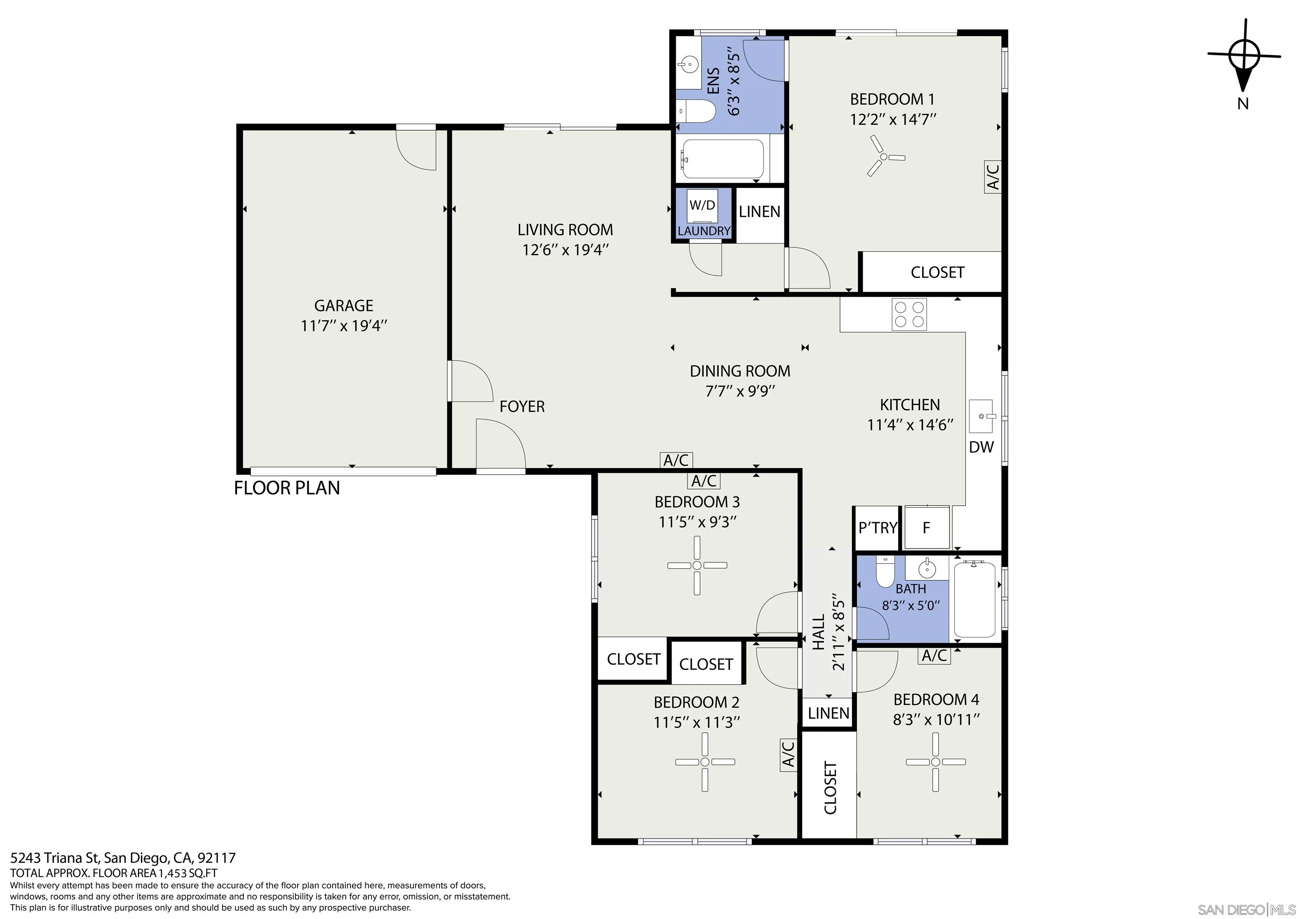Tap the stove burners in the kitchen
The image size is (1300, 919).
click(x=909, y=315)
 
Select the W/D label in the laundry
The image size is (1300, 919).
click(x=702, y=205)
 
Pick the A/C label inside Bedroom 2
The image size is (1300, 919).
click(x=788, y=755)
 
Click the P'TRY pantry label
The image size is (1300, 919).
click(x=878, y=528)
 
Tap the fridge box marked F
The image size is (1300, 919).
click(x=927, y=528)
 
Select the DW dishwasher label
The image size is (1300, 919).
click(x=981, y=447)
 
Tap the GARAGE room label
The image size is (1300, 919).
click(x=344, y=306)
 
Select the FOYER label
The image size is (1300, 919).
click(x=522, y=407)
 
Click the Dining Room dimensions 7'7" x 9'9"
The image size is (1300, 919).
click(x=740, y=391)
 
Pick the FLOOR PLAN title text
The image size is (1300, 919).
click(x=287, y=488)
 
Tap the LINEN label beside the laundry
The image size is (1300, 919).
click(x=760, y=212)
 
